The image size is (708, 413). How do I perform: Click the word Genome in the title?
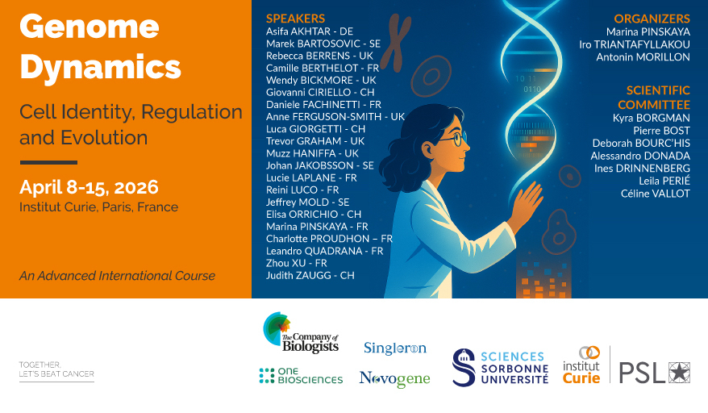coord(90,27)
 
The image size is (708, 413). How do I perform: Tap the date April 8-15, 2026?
coord(89,187)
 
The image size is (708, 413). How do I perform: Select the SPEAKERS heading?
coord(295,19)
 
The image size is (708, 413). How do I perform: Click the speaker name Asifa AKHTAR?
coord(298,31)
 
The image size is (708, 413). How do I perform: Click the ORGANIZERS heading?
coord(652,19)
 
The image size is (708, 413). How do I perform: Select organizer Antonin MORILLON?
coord(643,57)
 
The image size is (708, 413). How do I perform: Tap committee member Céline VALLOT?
coord(655,194)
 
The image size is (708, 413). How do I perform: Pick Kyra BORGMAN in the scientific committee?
coord(651,118)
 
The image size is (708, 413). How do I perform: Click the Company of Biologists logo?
coord(301,332)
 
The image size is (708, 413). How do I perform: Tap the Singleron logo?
coord(395,348)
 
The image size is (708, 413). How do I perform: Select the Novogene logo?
coord(394,379)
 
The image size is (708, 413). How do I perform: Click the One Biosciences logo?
coord(301,376)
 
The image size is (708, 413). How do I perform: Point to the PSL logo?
coord(654,373)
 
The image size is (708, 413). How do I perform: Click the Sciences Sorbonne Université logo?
coord(500,367)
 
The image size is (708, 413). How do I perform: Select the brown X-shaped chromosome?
coord(398,43)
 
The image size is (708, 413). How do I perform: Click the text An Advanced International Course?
coord(118,276)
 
